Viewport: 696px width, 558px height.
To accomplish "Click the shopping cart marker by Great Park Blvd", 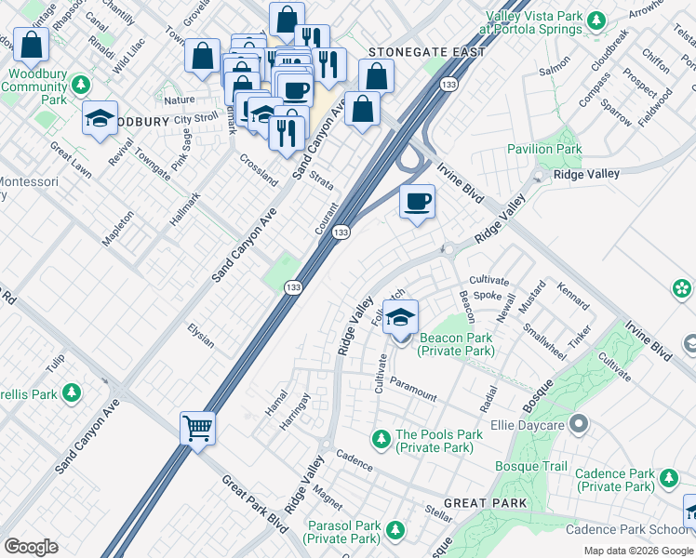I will click(x=197, y=429).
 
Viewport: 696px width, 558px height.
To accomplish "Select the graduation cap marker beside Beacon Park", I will click(x=400, y=317).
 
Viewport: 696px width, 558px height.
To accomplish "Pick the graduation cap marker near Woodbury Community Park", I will click(x=100, y=118).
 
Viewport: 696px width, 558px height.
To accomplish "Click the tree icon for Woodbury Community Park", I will click(x=82, y=86).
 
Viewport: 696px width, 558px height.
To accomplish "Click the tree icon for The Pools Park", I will click(x=380, y=436).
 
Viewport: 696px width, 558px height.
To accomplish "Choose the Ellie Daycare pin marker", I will click(x=579, y=426).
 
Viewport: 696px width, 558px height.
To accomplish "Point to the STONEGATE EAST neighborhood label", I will click(x=426, y=52).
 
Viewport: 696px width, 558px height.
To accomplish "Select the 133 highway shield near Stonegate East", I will click(x=448, y=85).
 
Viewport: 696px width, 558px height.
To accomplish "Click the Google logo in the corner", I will click(x=32, y=547).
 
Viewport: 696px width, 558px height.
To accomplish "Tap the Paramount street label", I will click(x=413, y=389).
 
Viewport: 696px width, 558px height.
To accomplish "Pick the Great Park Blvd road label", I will click(x=254, y=498).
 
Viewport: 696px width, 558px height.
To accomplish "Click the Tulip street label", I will click(x=58, y=361).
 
